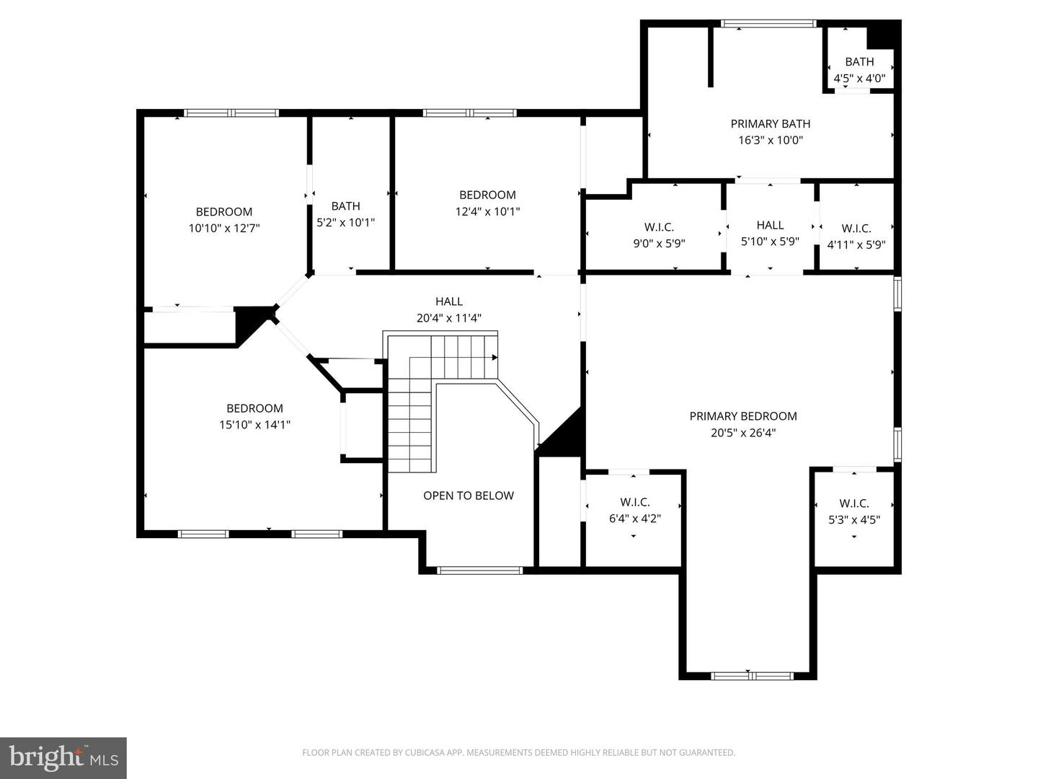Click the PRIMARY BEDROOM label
[743, 416]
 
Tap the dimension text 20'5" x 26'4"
[743, 433]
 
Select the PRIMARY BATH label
[770, 124]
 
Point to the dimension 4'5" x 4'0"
[859, 79]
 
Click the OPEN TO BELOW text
[469, 496]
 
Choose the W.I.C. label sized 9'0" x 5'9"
[659, 227]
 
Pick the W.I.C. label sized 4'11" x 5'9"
[856, 228]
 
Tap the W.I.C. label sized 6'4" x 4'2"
[635, 502]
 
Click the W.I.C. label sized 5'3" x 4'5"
[854, 503]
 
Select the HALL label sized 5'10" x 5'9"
[770, 225]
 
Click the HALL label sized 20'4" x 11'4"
[449, 302]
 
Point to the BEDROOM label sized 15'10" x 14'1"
[254, 408]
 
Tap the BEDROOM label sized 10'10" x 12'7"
[224, 211]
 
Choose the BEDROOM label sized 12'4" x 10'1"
[487, 195]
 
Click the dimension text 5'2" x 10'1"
[346, 223]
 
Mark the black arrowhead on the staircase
[494, 357]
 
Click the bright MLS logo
[63, 757]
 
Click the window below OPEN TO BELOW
[480, 571]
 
